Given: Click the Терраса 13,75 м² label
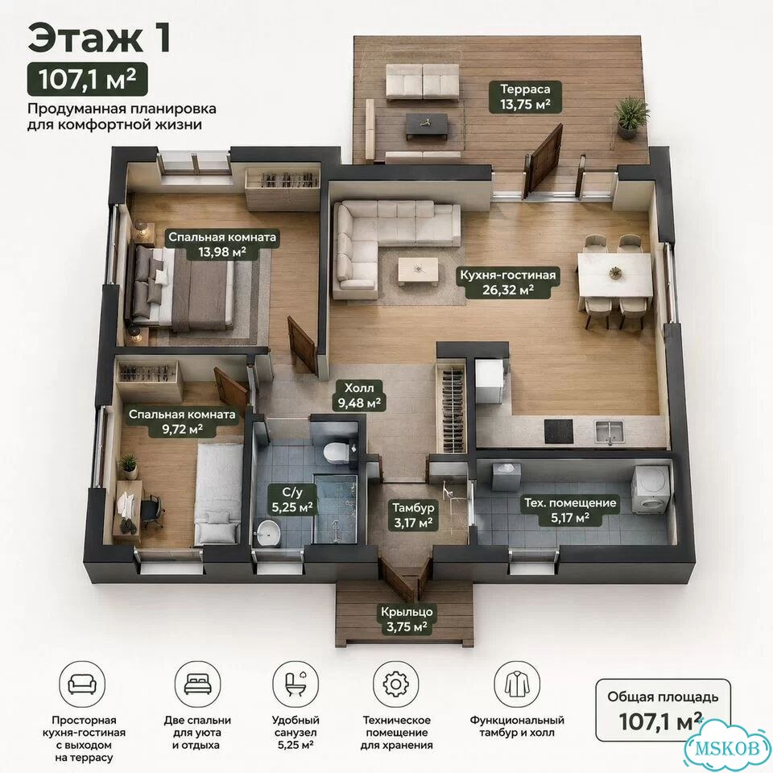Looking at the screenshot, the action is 525,97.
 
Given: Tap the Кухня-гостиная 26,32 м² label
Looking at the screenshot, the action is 508,283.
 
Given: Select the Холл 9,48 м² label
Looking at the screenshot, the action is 359,395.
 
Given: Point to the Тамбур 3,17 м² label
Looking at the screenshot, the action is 413,515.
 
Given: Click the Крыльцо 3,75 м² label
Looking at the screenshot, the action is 407,619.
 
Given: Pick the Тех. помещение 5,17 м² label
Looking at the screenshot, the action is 570,511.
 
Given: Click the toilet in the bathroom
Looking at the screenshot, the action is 337,451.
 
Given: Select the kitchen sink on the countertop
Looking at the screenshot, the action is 609,432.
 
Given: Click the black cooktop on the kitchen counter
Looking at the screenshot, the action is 559,431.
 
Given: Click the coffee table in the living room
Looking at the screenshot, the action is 418,271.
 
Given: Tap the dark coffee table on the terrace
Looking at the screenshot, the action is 427,126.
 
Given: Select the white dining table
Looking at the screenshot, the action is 615,275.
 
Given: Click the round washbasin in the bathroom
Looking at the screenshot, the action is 267,533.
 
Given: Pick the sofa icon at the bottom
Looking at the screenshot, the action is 82,684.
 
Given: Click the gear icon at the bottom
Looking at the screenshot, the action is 395,684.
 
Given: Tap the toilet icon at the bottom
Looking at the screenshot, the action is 296,684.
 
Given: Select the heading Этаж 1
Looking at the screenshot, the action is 99,39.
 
